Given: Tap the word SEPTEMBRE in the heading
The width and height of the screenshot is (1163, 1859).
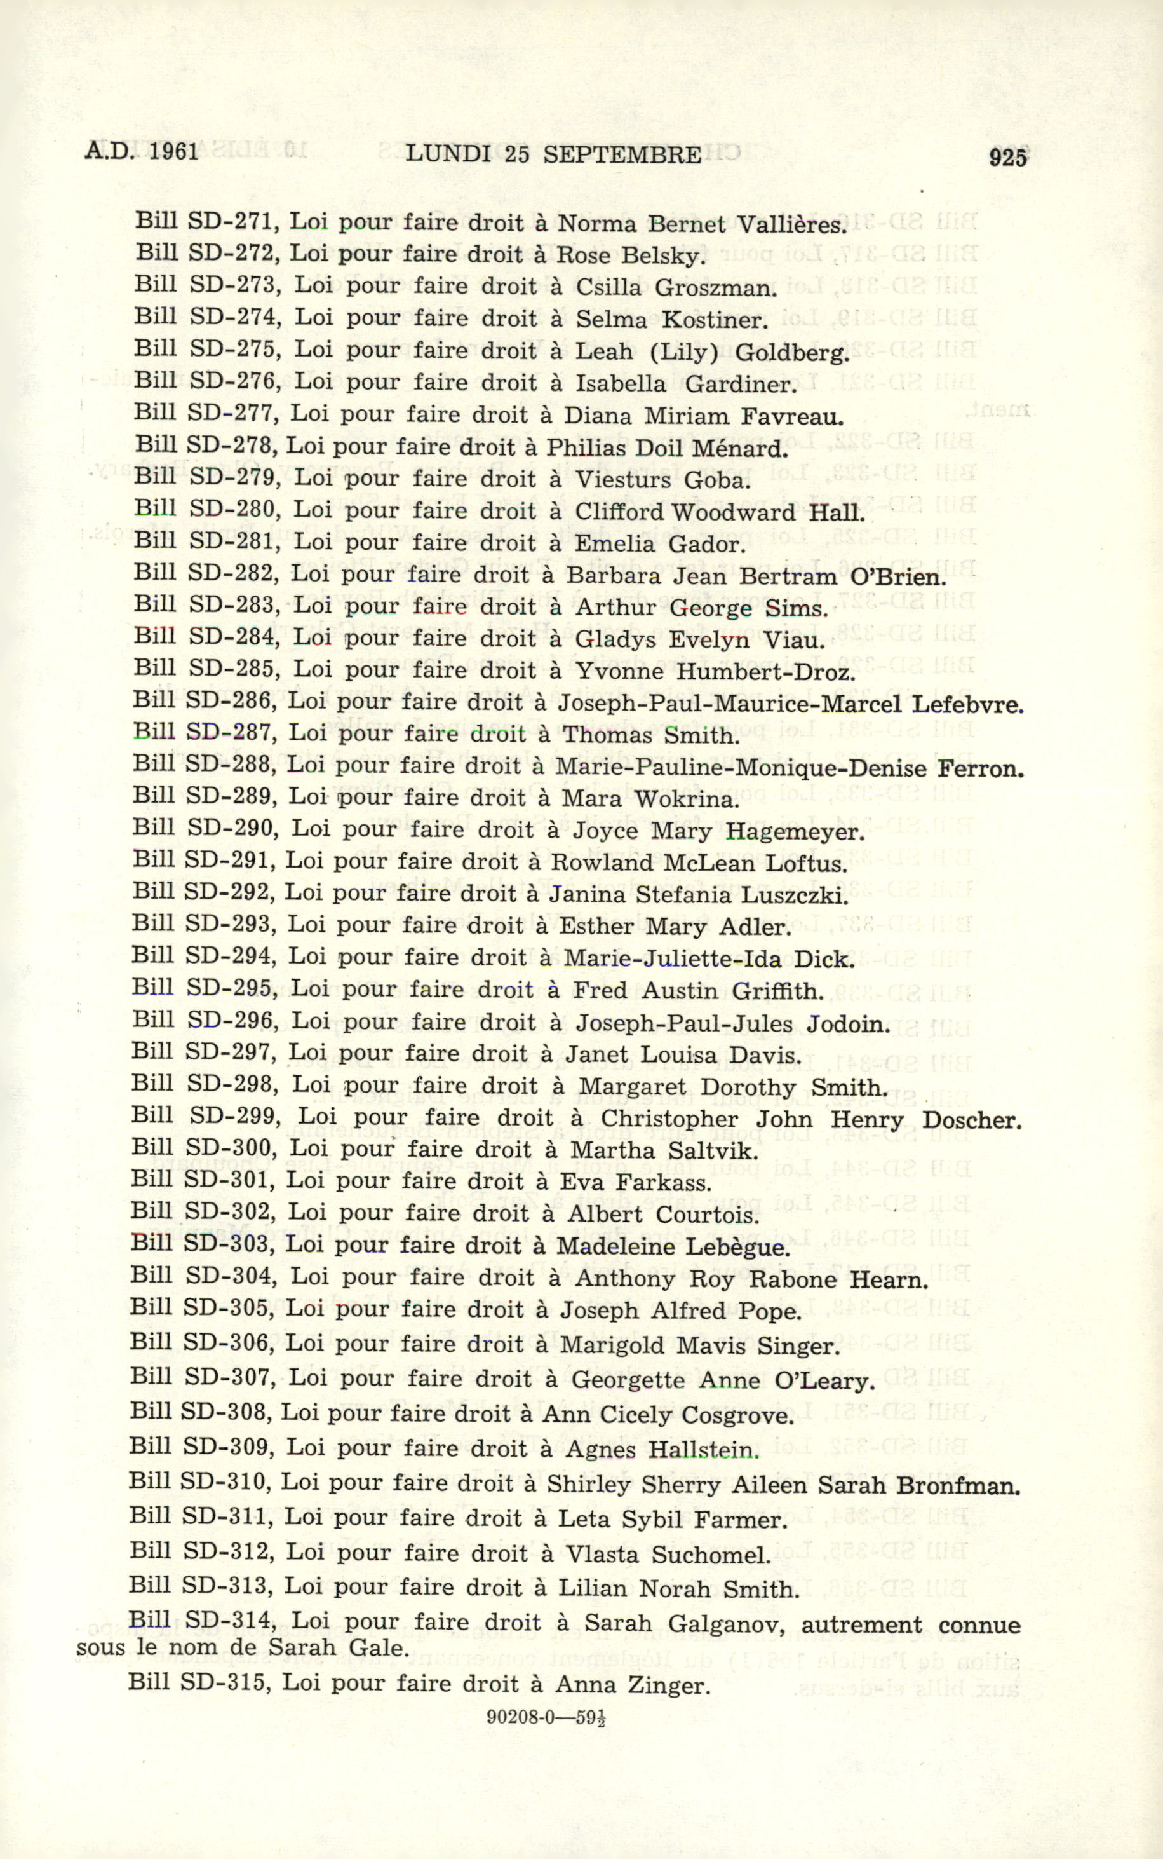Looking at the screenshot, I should [x=621, y=154].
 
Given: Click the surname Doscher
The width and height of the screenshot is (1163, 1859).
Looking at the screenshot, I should [x=972, y=1120].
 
